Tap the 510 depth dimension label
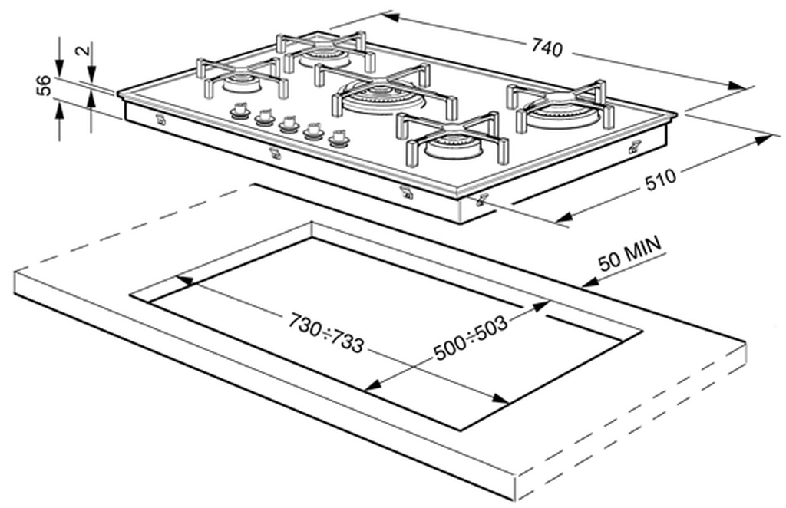(x=660, y=178)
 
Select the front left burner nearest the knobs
(x=238, y=83)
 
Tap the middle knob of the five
(x=289, y=124)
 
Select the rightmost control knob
(x=339, y=139)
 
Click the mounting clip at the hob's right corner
(x=634, y=148)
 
